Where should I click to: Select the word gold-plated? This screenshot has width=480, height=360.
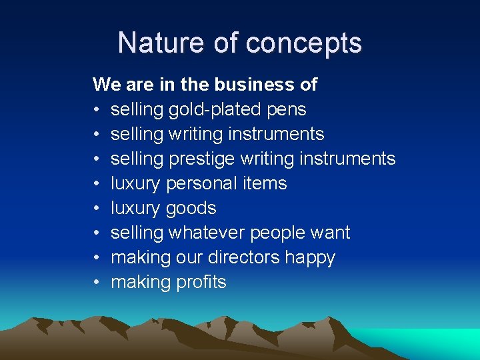click(x=217, y=110)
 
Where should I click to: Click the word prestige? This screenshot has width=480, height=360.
click(x=201, y=159)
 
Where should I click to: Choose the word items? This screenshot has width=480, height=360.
click(x=265, y=183)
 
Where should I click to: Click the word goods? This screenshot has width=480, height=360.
click(x=191, y=209)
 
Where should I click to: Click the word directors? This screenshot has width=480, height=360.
click(x=241, y=257)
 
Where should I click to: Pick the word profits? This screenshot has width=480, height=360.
click(x=201, y=282)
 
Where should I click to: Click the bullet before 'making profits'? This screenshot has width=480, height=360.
click(x=97, y=283)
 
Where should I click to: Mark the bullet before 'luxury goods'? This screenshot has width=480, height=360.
click(x=97, y=209)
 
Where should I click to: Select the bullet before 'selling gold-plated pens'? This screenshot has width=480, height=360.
click(x=97, y=110)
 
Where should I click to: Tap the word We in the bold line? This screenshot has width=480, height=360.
click(x=105, y=85)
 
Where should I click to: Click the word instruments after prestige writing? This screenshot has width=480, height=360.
click(x=347, y=159)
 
